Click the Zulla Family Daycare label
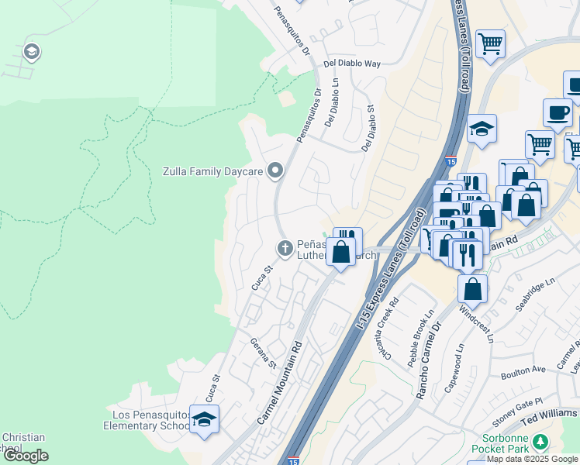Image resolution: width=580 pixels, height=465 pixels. coord(212,171)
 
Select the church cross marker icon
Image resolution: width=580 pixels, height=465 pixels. coord(285,248)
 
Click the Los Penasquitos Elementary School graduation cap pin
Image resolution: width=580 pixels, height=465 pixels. coord(204,419)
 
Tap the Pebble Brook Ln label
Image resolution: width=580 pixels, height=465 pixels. coord(425,330)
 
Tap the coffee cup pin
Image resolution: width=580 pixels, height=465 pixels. coord(558,112)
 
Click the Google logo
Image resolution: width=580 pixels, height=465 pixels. coord(26,456)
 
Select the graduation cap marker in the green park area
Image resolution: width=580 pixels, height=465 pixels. coord(32,53)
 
